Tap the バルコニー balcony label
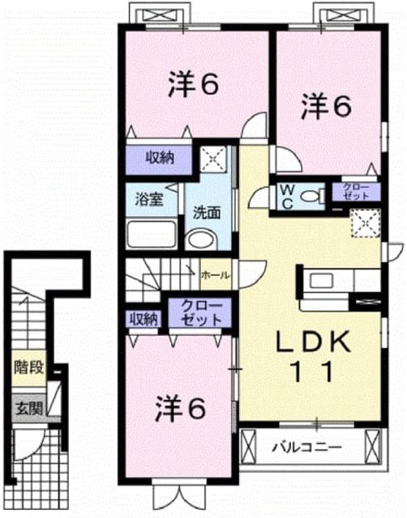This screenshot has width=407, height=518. [x=306, y=448]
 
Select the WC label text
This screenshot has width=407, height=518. [x=287, y=197]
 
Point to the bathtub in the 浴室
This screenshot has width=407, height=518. [x=152, y=234]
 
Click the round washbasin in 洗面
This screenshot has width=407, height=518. [x=201, y=240]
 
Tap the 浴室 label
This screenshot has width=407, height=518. [x=148, y=199]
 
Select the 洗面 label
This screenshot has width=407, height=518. [x=207, y=213]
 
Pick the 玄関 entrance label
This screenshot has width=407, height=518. [x=29, y=409]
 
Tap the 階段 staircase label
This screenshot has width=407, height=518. [x=29, y=367]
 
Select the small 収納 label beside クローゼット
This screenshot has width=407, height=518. [x=143, y=319]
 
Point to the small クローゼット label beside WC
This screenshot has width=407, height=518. [x=356, y=192]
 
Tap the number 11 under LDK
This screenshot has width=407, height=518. [x=313, y=372]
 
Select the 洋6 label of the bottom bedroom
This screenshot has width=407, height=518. [x=181, y=408]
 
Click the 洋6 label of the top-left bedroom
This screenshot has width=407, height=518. [x=194, y=84]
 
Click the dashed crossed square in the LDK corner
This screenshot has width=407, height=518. [x=366, y=223]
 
